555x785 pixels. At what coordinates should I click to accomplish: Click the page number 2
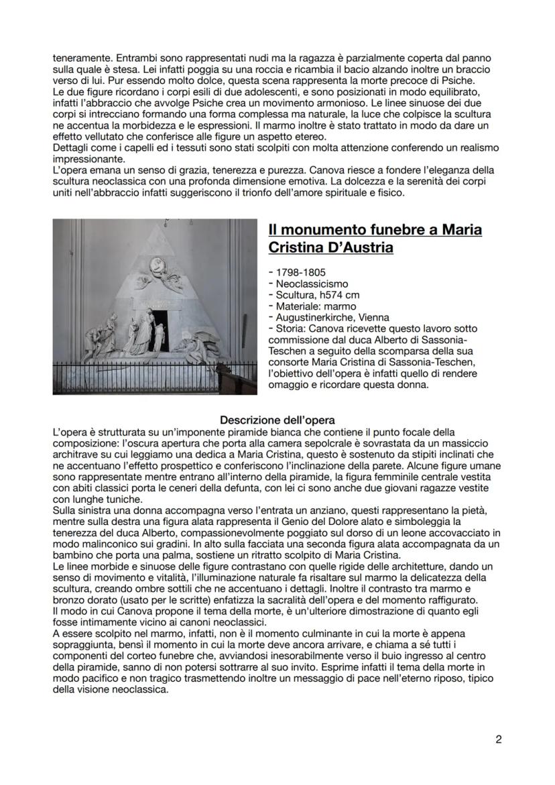point(498,739)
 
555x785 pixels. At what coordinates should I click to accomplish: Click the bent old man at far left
point(99,339)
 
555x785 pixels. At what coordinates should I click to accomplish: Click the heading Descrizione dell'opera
point(277,420)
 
